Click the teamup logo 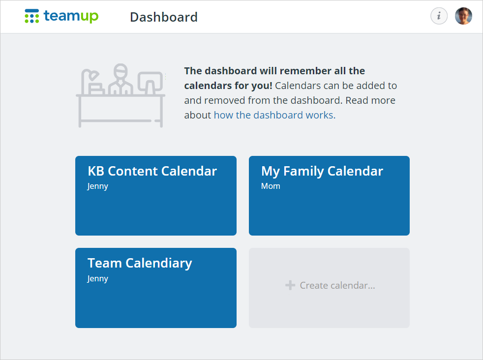[x=61, y=16]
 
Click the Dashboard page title [x=164, y=17]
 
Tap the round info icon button [x=439, y=16]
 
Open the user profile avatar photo [x=463, y=16]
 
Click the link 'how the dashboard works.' [x=274, y=115]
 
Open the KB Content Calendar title [x=152, y=171]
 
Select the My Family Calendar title [x=322, y=171]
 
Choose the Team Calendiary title [x=140, y=263]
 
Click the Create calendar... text [x=337, y=285]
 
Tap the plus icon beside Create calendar [x=290, y=285]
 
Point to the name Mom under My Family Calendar [x=271, y=186]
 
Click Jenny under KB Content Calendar [x=98, y=186]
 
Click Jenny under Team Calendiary [x=98, y=279]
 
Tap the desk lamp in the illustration [x=92, y=82]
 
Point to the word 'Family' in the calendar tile [x=303, y=172]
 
